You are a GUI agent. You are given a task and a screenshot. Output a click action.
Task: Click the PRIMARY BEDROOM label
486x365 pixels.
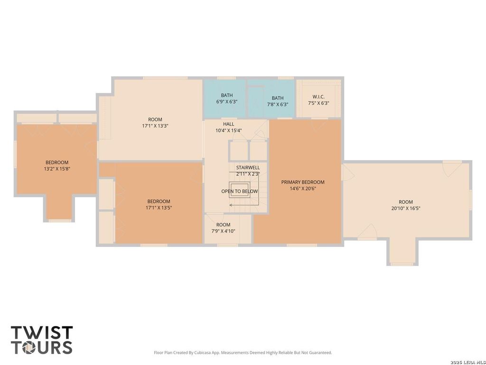(x=303, y=182)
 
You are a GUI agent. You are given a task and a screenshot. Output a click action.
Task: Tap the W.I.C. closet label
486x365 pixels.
(x=318, y=97)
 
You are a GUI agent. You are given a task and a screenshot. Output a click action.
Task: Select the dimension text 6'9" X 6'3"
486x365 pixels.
(x=227, y=102)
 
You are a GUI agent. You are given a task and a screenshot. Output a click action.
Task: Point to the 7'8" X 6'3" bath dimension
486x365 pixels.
(x=278, y=105)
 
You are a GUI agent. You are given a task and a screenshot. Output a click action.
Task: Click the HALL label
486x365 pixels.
(x=229, y=124)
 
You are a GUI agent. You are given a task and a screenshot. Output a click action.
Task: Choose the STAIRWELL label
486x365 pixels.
(x=248, y=168)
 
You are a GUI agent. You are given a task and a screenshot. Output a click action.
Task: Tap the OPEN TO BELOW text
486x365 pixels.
(x=240, y=191)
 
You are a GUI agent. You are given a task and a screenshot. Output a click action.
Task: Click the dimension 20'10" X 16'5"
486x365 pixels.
(x=406, y=208)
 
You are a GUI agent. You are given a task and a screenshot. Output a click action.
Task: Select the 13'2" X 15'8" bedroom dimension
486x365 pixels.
(x=57, y=169)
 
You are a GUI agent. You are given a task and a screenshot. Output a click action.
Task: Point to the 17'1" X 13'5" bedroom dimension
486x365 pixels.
(x=159, y=208)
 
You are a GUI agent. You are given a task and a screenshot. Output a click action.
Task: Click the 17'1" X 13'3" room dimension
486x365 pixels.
(x=155, y=126)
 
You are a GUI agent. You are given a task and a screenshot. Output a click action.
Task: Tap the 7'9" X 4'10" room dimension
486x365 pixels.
(x=224, y=231)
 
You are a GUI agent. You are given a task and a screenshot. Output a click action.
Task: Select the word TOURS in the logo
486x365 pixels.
(x=42, y=347)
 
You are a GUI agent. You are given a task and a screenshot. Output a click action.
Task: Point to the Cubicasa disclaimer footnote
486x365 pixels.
(x=243, y=353)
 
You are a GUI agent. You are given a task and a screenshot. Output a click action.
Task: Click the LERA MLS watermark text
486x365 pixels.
(x=468, y=362)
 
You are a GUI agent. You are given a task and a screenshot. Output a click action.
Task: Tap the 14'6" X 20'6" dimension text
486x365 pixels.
(x=303, y=188)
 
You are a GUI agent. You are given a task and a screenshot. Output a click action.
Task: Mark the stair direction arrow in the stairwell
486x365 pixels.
(x=244, y=205)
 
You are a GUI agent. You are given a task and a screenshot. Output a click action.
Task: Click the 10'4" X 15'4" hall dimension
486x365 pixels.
(x=229, y=131)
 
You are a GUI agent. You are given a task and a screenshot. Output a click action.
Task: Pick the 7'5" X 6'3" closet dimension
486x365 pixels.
(x=318, y=103)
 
